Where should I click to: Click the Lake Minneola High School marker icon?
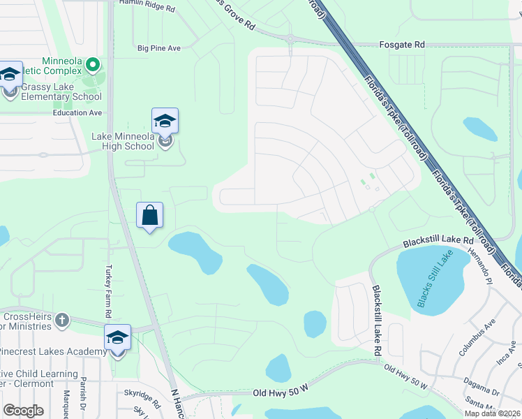(x=165, y=122)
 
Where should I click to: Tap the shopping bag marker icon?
(x=150, y=215)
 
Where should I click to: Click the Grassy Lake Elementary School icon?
(x=10, y=76)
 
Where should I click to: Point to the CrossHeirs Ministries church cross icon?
(x=62, y=320)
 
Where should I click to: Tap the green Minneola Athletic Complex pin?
(x=94, y=66)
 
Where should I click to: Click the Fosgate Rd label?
(x=401, y=45)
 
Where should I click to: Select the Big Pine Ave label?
(x=159, y=48)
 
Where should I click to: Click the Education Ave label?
(x=77, y=112)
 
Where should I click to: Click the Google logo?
(x=23, y=411)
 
